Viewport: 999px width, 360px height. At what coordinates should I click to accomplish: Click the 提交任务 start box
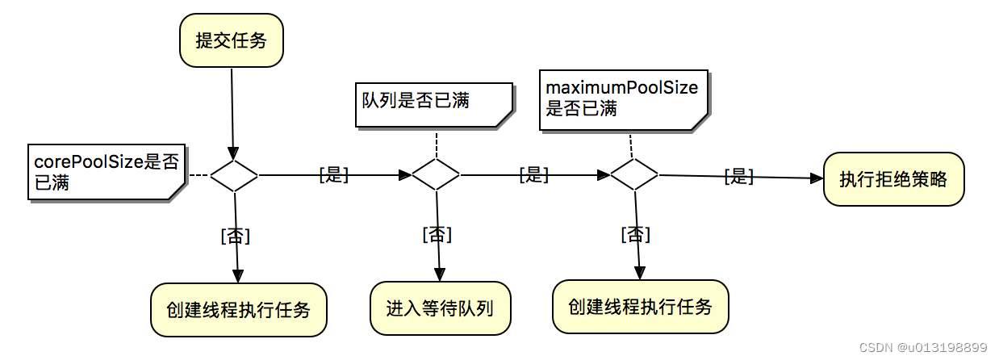click(x=231, y=40)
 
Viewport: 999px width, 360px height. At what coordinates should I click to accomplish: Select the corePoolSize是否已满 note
click(x=105, y=172)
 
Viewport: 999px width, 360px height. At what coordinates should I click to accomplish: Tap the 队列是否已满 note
click(x=434, y=103)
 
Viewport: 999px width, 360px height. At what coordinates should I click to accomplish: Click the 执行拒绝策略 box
click(x=893, y=179)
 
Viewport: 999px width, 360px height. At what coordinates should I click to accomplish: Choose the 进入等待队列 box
click(x=440, y=308)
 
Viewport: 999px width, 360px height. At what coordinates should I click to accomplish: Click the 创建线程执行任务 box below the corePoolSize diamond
click(x=239, y=310)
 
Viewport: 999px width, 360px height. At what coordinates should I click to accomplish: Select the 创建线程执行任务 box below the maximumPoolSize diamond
click(x=640, y=307)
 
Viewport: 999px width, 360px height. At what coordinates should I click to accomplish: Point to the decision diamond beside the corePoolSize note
click(x=234, y=174)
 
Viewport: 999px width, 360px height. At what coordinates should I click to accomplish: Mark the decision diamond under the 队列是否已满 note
click(x=436, y=174)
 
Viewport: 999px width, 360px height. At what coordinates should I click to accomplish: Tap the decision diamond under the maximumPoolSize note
click(x=633, y=174)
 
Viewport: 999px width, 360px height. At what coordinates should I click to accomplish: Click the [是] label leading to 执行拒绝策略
click(x=738, y=177)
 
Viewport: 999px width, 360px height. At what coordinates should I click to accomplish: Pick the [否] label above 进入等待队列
click(x=437, y=234)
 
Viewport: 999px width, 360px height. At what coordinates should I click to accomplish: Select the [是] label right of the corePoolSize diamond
click(x=333, y=175)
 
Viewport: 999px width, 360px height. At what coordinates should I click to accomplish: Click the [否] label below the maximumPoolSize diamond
click(x=635, y=234)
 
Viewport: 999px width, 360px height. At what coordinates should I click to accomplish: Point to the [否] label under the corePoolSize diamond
click(x=235, y=236)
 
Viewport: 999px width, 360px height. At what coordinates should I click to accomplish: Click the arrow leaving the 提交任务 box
click(x=232, y=113)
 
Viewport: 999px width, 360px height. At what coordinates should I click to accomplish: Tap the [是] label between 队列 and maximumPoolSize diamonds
click(x=534, y=174)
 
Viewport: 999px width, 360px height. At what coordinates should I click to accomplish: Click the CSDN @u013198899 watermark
click(x=923, y=347)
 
